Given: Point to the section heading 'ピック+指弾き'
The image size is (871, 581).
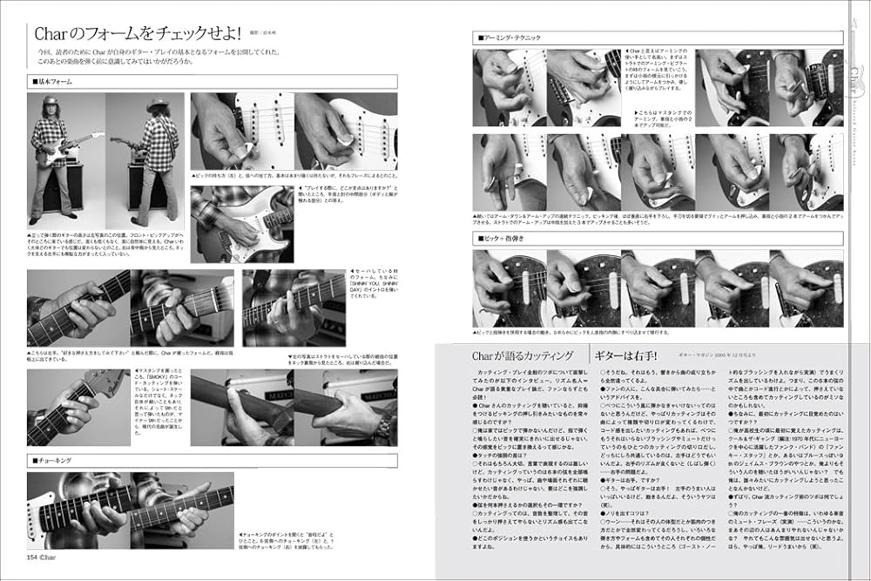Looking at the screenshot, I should (x=504, y=237).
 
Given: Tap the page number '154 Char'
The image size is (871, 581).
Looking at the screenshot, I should (x=41, y=557).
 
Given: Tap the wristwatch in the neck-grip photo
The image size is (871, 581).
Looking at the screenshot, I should (x=384, y=425).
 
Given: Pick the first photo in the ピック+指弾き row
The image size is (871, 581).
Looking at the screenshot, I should (x=509, y=288).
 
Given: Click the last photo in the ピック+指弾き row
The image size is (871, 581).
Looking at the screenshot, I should (x=807, y=288).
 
